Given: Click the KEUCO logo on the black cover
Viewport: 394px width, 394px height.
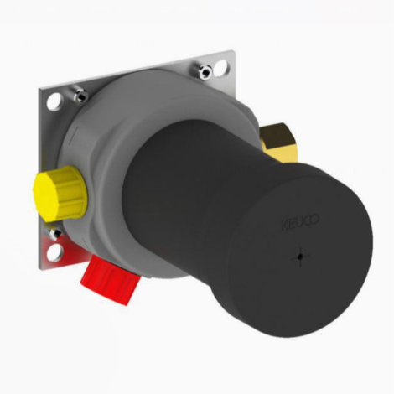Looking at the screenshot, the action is pos(300,223).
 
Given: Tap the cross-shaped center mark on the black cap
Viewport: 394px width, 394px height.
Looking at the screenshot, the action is pos(300,257).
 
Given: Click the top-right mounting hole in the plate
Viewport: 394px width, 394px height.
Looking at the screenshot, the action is pos(221,66).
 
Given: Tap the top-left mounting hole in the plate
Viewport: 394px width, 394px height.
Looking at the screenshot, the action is pos(54,101).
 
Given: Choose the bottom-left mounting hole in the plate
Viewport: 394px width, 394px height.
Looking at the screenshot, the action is pos(54,251).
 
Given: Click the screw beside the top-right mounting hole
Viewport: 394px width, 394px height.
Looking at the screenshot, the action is pos(205,71).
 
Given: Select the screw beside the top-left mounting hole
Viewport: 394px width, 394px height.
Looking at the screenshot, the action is pos(80,95).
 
